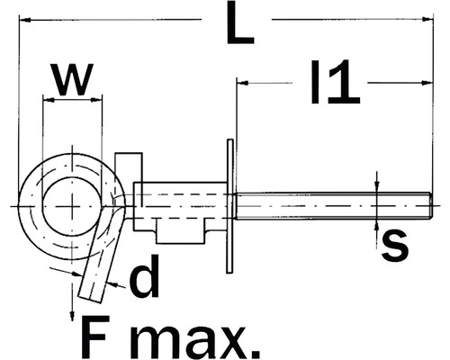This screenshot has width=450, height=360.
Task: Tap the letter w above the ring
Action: (72, 79)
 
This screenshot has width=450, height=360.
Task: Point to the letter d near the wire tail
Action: (144, 280)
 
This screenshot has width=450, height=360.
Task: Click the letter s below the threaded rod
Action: (394, 244)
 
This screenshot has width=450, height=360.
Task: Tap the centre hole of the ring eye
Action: (71, 204)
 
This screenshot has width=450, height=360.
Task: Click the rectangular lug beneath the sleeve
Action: (181, 232)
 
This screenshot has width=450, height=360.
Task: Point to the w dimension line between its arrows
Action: (71, 102)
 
